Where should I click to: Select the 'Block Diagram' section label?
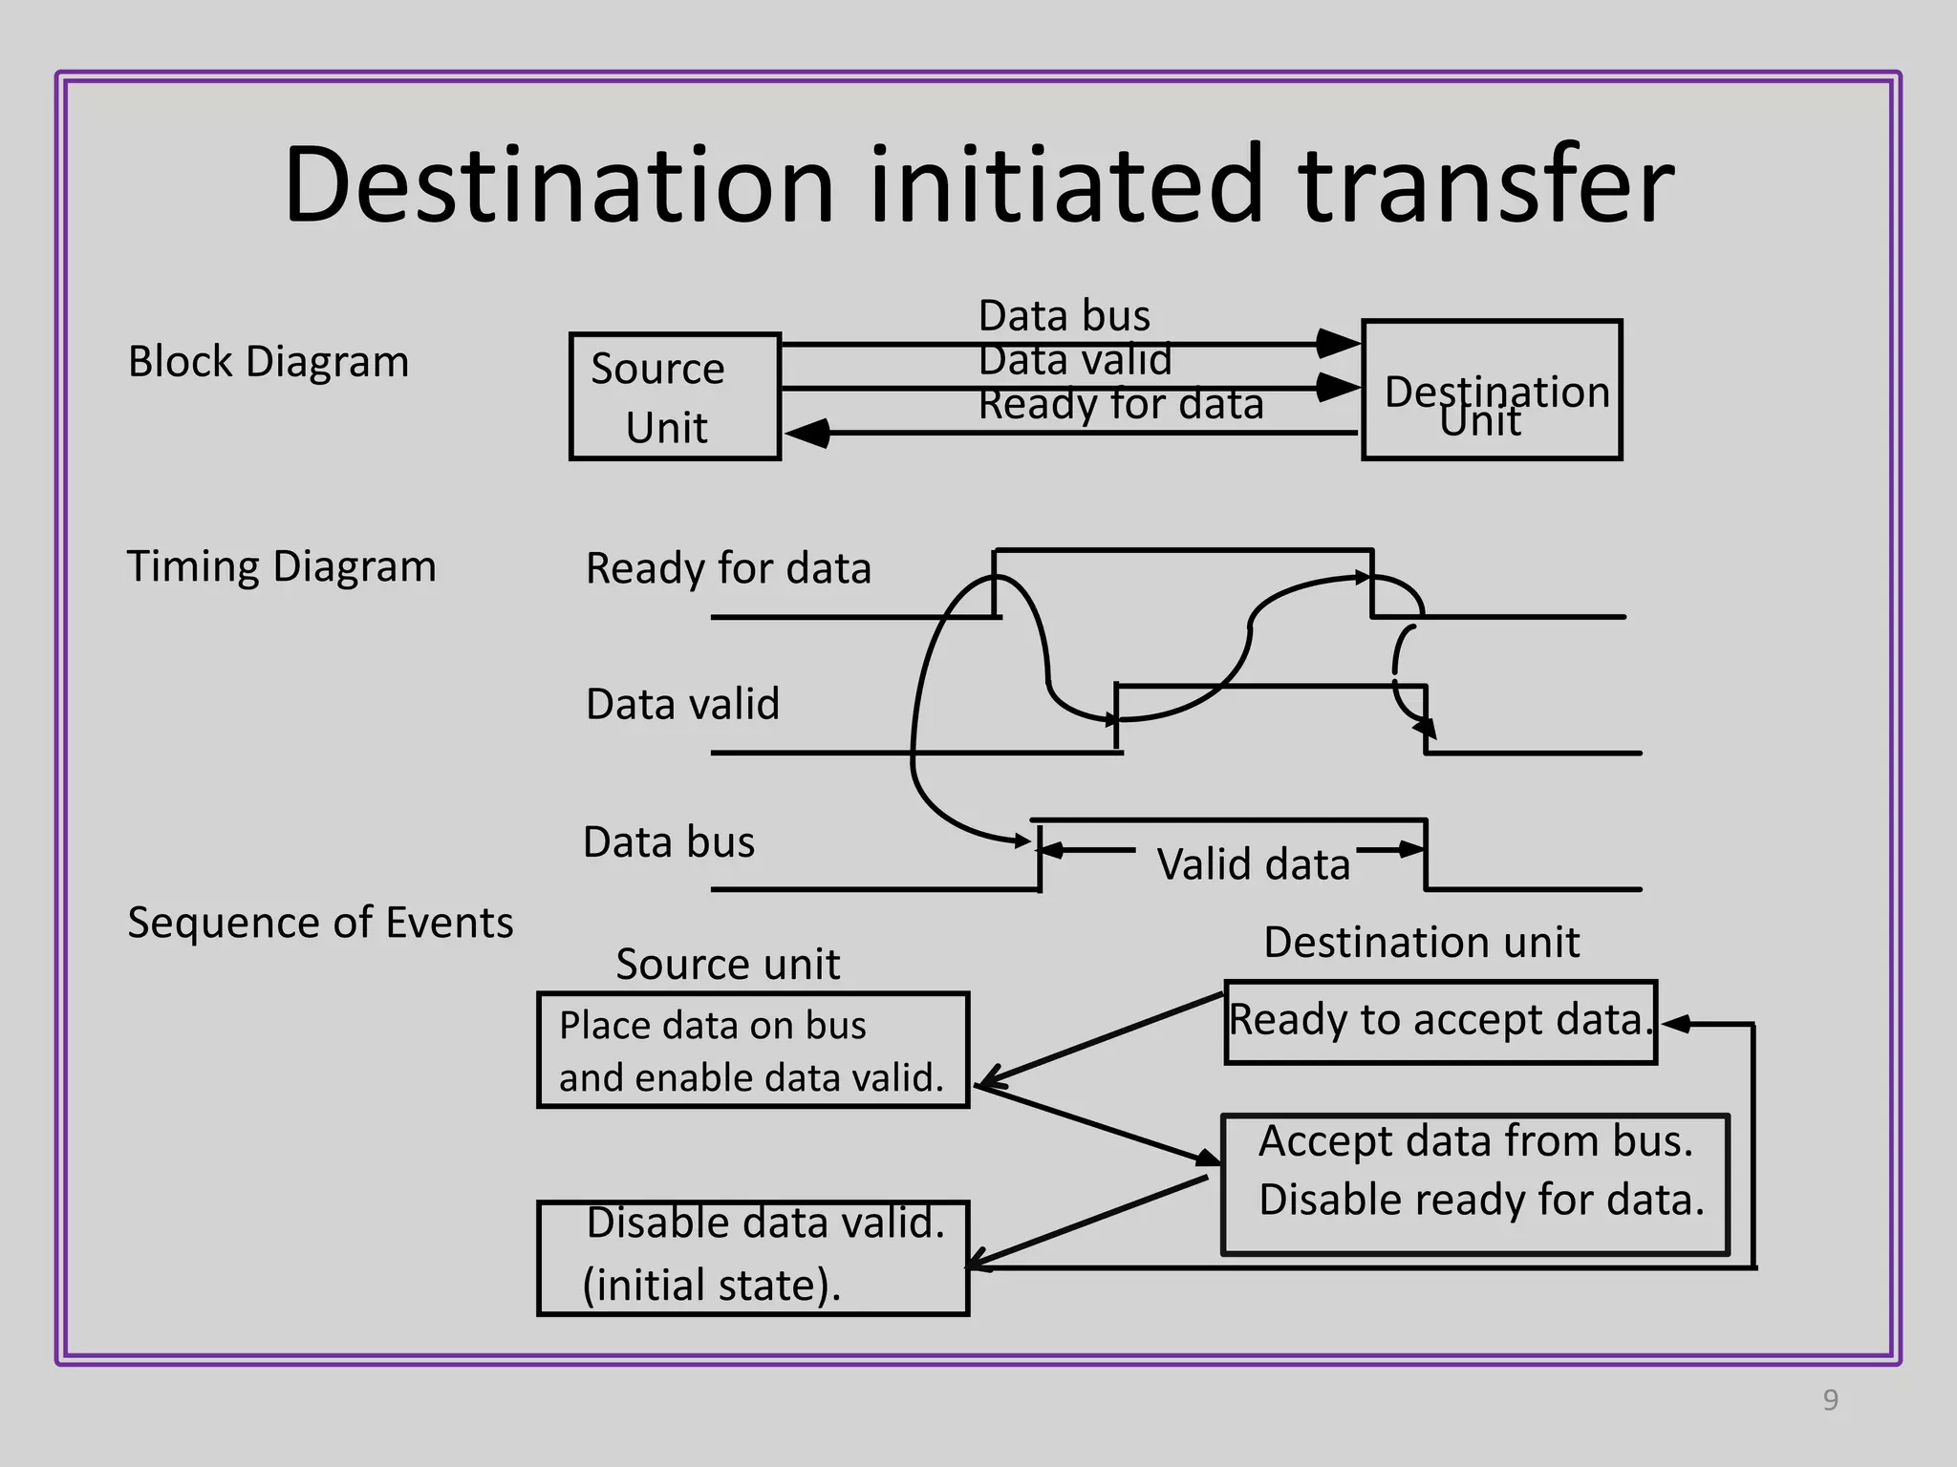pyautogui.click(x=269, y=362)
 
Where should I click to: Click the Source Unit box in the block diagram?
pyautogui.click(x=675, y=396)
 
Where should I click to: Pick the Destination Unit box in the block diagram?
pyautogui.click(x=1492, y=390)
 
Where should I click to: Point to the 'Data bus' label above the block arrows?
pyautogui.click(x=1065, y=316)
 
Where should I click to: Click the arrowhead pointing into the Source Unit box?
pyautogui.click(x=807, y=434)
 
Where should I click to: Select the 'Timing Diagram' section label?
pyautogui.click(x=281, y=566)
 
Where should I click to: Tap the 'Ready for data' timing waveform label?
pyautogui.click(x=728, y=568)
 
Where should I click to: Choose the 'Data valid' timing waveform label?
pyautogui.click(x=682, y=704)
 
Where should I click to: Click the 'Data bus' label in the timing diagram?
pyautogui.click(x=669, y=842)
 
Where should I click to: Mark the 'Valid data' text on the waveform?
pyautogui.click(x=1253, y=864)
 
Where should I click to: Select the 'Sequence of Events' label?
pyautogui.click(x=320, y=923)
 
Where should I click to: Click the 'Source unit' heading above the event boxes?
pyautogui.click(x=727, y=964)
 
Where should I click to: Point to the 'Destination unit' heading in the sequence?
pyautogui.click(x=1421, y=943)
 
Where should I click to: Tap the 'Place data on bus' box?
pyautogui.click(x=753, y=1051)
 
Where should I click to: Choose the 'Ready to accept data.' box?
pyautogui.click(x=1440, y=1022)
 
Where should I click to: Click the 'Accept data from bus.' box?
pyautogui.click(x=1475, y=1184)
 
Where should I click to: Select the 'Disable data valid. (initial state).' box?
pyautogui.click(x=753, y=1258)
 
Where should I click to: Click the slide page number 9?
pyautogui.click(x=1830, y=1400)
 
